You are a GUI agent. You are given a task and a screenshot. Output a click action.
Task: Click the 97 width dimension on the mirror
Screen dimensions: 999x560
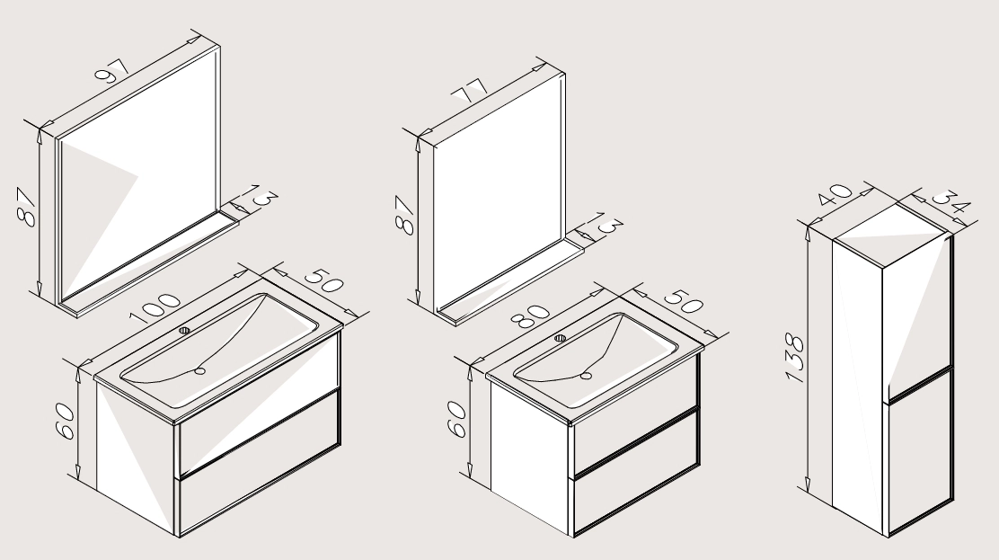(x=112, y=71)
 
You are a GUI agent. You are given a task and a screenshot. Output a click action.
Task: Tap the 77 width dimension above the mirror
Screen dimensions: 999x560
(x=470, y=91)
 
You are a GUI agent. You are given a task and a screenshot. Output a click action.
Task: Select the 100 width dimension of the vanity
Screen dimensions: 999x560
(x=155, y=307)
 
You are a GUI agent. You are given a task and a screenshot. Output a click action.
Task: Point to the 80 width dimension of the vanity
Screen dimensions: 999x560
(x=530, y=316)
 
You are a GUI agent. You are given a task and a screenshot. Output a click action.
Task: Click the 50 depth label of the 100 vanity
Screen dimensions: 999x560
(x=323, y=280)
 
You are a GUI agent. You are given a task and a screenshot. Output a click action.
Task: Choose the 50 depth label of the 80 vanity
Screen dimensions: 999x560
(x=683, y=301)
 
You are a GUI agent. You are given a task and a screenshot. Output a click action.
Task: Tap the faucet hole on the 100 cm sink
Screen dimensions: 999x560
(x=185, y=331)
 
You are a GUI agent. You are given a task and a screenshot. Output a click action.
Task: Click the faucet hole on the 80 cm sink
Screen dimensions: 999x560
(x=561, y=337)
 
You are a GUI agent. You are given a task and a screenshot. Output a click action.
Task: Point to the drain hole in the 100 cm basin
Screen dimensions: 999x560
(x=200, y=370)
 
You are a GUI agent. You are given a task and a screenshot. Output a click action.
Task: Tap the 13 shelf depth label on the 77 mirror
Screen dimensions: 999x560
(x=607, y=223)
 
